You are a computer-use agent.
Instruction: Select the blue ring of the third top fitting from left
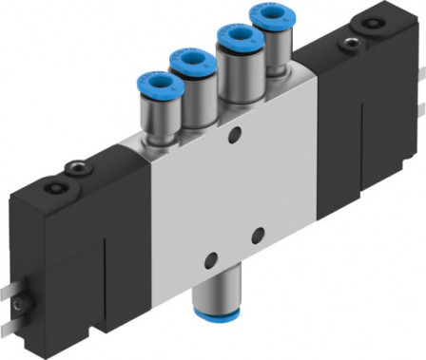(x=234, y=39)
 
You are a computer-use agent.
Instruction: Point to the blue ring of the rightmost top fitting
(x=269, y=17)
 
